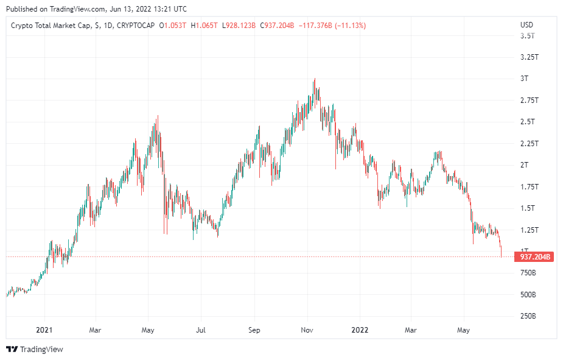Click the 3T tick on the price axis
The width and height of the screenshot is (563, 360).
(x=524, y=79)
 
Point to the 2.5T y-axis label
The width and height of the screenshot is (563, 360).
(x=528, y=122)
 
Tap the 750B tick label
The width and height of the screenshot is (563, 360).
(x=528, y=273)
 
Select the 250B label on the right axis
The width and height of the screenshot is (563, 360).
(x=528, y=316)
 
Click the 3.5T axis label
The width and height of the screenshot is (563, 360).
(x=528, y=36)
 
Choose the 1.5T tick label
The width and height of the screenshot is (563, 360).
(x=528, y=208)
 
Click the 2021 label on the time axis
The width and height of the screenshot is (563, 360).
(x=44, y=330)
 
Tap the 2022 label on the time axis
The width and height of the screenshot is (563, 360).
(x=360, y=330)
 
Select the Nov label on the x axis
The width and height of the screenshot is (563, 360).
(x=307, y=330)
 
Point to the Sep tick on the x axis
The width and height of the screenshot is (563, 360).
(x=254, y=330)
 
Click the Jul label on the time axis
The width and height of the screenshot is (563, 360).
(x=201, y=330)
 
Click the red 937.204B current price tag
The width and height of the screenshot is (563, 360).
(x=534, y=257)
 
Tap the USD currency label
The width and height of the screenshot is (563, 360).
(x=526, y=25)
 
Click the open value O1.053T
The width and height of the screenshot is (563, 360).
(x=173, y=26)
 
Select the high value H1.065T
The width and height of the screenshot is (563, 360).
(x=205, y=26)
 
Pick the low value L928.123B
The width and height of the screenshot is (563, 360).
(x=239, y=26)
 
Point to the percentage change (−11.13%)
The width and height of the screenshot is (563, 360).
(x=350, y=26)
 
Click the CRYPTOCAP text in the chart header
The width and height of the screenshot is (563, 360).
(x=136, y=26)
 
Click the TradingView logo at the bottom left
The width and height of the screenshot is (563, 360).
(x=35, y=349)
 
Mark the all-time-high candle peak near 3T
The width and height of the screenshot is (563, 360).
(x=315, y=79)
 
